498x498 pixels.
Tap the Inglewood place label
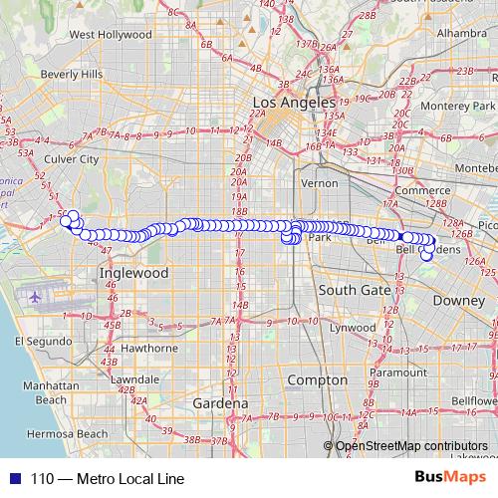click(133, 272)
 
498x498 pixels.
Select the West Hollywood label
click(111, 35)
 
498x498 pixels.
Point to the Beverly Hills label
click(72, 74)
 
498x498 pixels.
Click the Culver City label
click(71, 158)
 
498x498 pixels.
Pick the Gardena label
click(220, 403)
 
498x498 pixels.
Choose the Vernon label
click(320, 183)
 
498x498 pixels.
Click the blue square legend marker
click(15, 478)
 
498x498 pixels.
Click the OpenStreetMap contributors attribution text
click(411, 446)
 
